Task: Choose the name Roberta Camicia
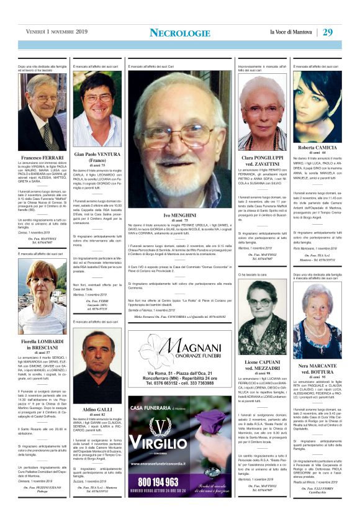(x=317, y=147)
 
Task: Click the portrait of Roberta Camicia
(x=317, y=106)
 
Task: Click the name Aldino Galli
(x=97, y=410)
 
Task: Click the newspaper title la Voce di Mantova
(x=292, y=32)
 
